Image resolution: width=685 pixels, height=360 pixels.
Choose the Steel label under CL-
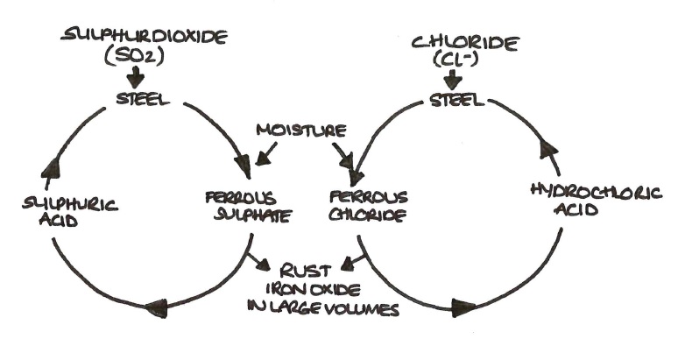coord(456,100)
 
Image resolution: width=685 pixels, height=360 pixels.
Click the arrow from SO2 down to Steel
coord(136,77)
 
